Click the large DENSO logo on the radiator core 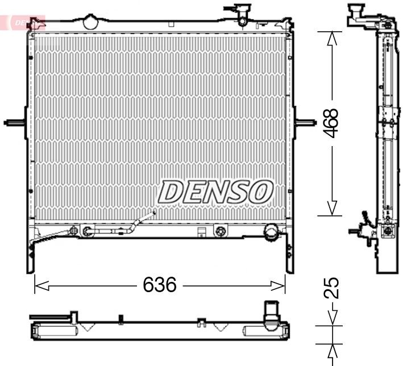point(215,192)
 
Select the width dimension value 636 point(160,284)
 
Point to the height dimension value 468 point(331,123)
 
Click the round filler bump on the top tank point(90,22)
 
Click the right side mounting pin point(306,123)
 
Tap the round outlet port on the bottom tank point(271,231)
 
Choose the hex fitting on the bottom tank point(221,231)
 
